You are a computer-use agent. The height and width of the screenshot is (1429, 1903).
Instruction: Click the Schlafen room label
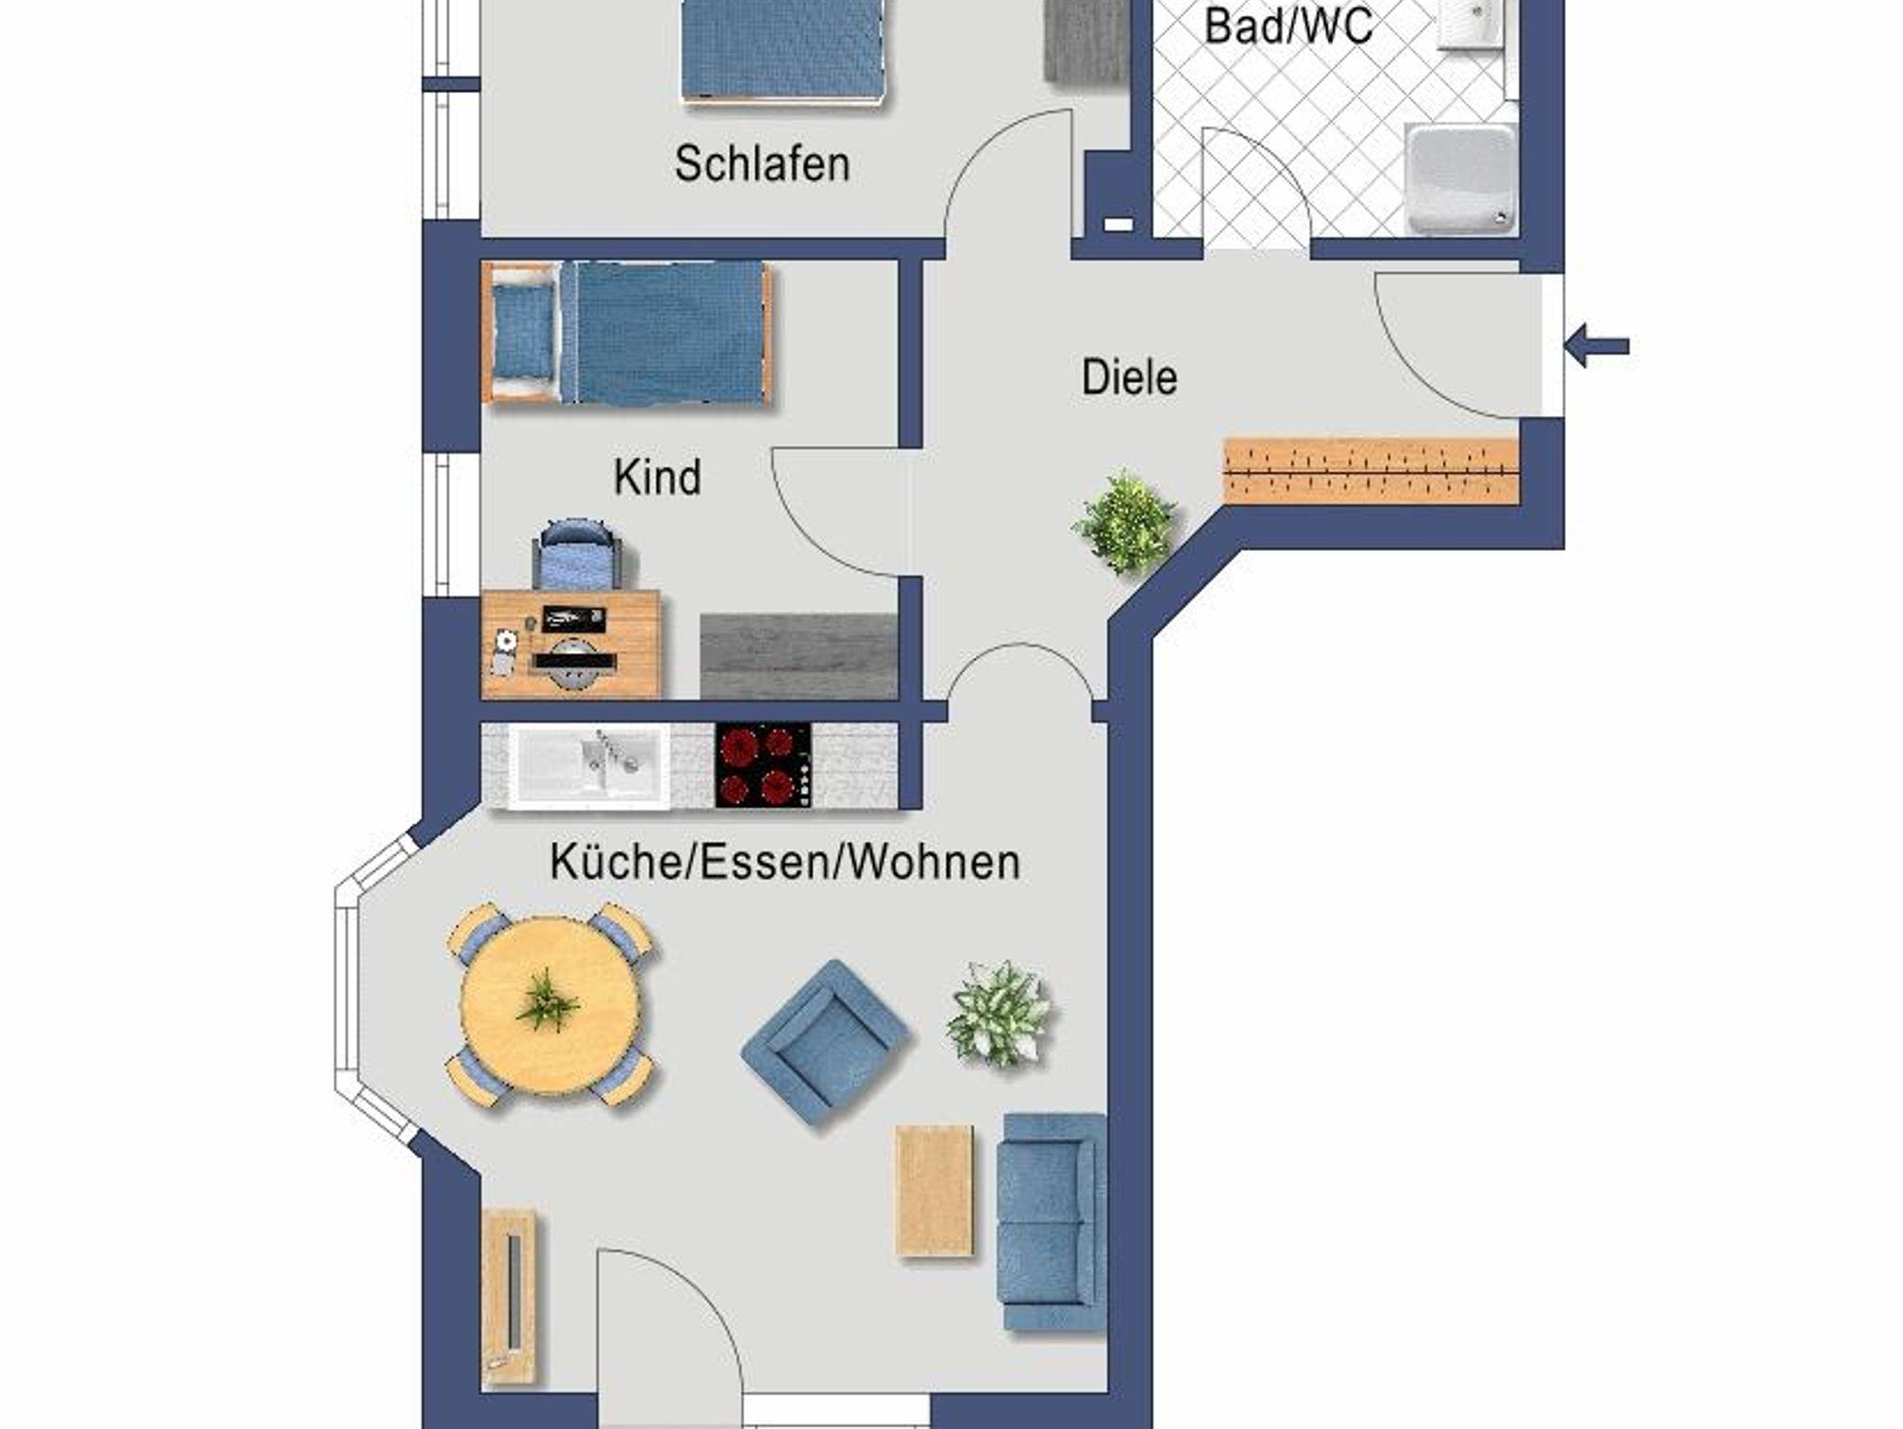click(x=762, y=164)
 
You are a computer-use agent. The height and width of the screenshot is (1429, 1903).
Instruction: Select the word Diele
click(x=1129, y=377)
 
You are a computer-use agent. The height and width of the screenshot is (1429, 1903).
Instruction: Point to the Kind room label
click(x=657, y=477)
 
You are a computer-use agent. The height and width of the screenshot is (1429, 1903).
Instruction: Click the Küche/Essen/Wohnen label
click(x=785, y=861)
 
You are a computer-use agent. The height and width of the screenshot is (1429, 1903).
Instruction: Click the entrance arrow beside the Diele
click(x=1596, y=347)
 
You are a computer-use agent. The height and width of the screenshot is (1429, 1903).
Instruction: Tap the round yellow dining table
click(x=550, y=1004)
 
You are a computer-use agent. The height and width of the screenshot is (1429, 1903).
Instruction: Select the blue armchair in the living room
click(x=825, y=1042)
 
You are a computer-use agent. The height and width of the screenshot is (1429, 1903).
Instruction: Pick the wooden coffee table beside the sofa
click(x=936, y=1190)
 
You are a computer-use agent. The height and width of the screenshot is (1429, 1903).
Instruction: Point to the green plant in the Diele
click(x=1125, y=523)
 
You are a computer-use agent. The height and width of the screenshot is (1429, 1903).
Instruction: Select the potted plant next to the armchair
click(x=998, y=1014)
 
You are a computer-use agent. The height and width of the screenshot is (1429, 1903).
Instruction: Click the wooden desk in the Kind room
click(x=571, y=644)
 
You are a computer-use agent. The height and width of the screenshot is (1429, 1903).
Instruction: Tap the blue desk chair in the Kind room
click(x=577, y=554)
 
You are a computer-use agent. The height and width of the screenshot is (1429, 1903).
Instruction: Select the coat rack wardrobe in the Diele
click(x=1371, y=471)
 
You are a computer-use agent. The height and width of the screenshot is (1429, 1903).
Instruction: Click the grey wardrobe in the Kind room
click(x=798, y=656)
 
